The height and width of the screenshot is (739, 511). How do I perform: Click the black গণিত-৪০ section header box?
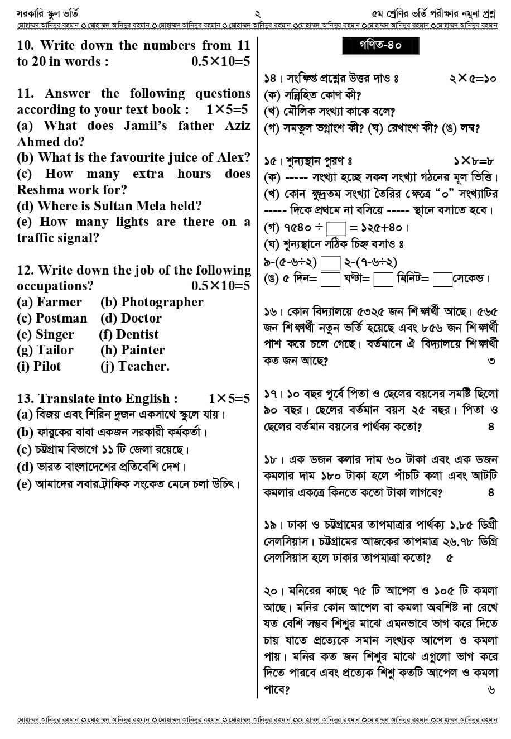(x=380, y=45)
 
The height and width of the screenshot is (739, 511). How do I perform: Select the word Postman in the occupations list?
(x=61, y=318)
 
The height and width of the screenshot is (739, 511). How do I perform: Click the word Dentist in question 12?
(x=137, y=334)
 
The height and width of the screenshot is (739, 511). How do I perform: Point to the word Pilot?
(x=47, y=366)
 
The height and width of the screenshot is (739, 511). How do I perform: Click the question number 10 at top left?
(x=26, y=45)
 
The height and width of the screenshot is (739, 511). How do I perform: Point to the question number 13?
(x=26, y=399)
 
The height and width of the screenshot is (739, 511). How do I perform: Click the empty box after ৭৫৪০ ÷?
(x=336, y=228)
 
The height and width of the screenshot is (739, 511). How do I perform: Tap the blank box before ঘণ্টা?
(x=330, y=279)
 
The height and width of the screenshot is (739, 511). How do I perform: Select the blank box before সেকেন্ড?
(x=442, y=279)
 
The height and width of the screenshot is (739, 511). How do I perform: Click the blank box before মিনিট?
(x=383, y=279)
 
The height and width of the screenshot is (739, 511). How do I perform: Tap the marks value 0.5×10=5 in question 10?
(x=220, y=61)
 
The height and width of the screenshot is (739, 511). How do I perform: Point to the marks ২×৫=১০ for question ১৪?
(x=472, y=79)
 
